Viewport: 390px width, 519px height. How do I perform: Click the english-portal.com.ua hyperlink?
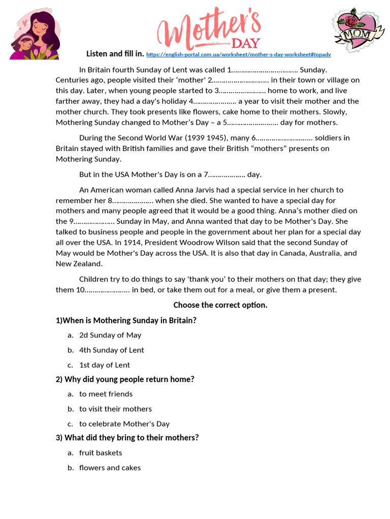pos(238,54)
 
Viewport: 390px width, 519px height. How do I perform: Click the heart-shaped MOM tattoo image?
pos(359,30)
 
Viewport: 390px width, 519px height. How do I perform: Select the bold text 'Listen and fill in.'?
pos(115,54)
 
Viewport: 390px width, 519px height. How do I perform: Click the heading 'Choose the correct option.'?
pos(220,305)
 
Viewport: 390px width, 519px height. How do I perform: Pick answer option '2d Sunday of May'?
pos(110,335)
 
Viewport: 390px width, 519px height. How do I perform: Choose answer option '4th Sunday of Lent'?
pos(111,350)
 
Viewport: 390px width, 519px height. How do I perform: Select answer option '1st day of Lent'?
pos(105,365)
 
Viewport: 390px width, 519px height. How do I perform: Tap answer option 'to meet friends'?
pos(106,394)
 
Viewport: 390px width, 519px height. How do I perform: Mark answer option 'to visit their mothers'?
pos(115,409)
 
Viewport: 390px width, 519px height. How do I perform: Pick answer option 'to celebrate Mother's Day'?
pos(124,424)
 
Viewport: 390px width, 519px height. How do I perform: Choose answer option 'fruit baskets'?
pos(101,453)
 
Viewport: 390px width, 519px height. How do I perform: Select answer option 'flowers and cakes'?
pos(110,467)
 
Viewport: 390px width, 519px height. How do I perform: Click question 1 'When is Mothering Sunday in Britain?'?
pos(126,320)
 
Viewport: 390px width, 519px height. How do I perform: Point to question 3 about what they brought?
pos(127,437)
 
